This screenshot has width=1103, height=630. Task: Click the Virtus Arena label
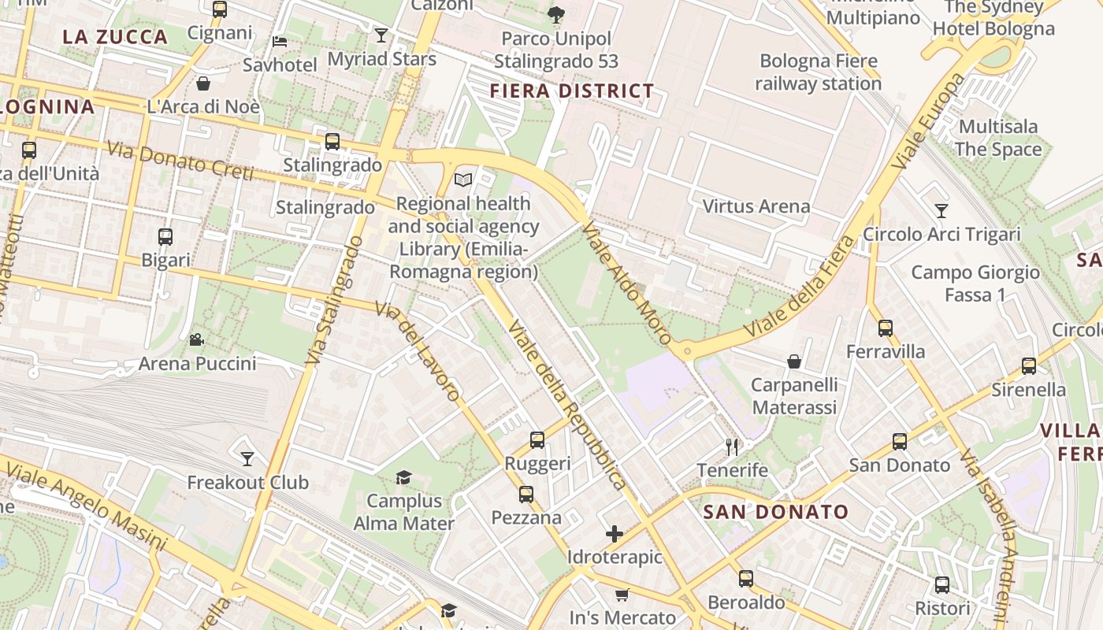[x=756, y=206]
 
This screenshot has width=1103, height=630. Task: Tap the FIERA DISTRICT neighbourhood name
[x=571, y=91]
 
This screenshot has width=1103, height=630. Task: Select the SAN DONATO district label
[x=775, y=512]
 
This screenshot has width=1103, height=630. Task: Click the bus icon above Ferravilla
[x=886, y=328]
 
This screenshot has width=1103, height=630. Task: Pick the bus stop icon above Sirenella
[x=1028, y=366]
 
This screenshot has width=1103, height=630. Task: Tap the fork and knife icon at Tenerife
[x=732, y=447]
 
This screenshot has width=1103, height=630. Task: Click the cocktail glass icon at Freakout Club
[x=247, y=458]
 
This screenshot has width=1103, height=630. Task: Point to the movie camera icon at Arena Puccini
[x=196, y=340]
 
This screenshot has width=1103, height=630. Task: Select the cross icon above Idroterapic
[x=615, y=535]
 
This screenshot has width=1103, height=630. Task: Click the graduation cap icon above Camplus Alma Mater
[x=403, y=477]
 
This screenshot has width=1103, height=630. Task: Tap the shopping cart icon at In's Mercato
[x=622, y=595]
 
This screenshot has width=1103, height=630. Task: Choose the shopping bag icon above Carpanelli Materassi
[x=794, y=361]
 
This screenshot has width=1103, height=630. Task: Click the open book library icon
[x=463, y=180]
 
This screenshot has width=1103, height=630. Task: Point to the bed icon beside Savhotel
[x=279, y=42]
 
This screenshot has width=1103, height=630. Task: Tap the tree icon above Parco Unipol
[x=555, y=14]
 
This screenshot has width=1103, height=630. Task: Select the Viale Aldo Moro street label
[x=626, y=283]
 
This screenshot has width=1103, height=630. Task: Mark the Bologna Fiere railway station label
[x=818, y=72]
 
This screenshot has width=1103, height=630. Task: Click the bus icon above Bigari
[x=165, y=237]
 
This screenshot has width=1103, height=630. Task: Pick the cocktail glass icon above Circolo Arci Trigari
[x=941, y=210]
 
